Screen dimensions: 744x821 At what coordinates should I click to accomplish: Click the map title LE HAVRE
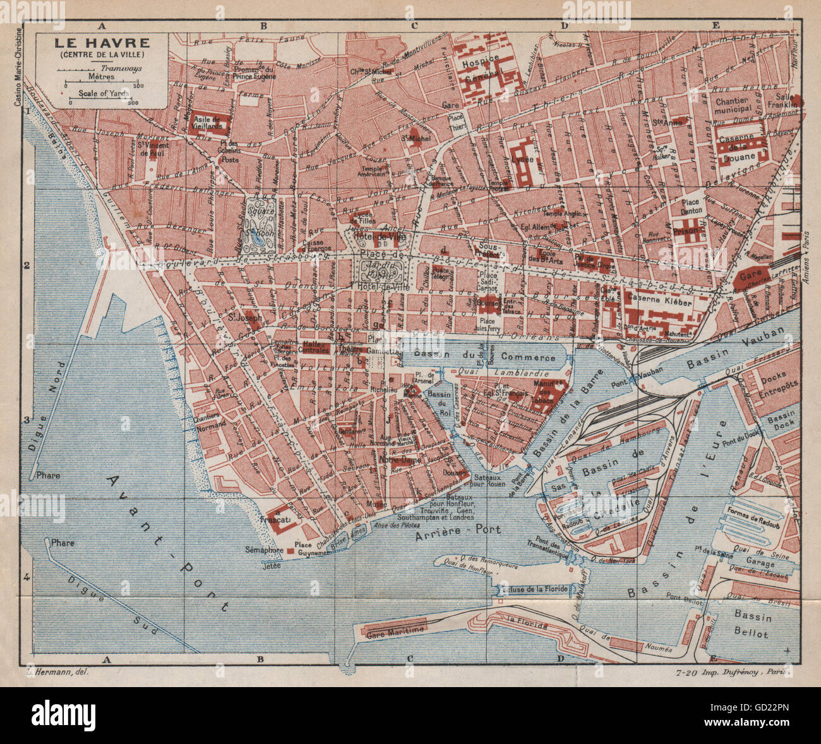coord(101,44)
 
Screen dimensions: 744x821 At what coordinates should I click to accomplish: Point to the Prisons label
coord(688,231)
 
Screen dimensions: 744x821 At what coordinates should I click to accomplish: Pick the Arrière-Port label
coord(458,530)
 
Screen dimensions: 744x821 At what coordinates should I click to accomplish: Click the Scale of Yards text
coord(104,93)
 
